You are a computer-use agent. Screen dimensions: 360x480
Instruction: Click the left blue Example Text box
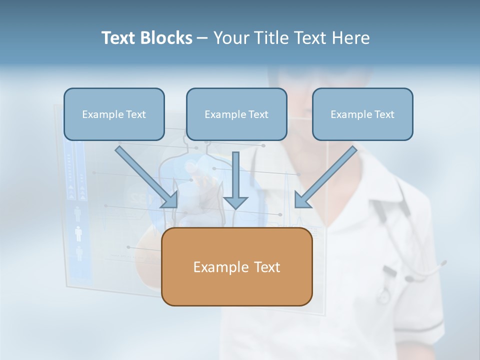(x=114, y=114)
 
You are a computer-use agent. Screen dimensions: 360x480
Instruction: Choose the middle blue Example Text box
(x=236, y=114)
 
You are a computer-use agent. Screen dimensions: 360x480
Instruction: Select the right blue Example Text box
(x=362, y=114)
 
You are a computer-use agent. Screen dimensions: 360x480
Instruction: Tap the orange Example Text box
(x=236, y=266)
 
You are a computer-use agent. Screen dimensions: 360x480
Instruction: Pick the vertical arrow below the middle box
(x=235, y=177)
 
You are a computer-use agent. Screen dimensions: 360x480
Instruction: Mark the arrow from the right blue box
(x=327, y=175)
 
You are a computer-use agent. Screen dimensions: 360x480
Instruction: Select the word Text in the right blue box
(x=384, y=114)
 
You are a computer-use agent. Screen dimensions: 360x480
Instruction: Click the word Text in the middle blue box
(x=258, y=114)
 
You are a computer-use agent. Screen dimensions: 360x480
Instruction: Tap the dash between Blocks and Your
(x=202, y=38)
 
